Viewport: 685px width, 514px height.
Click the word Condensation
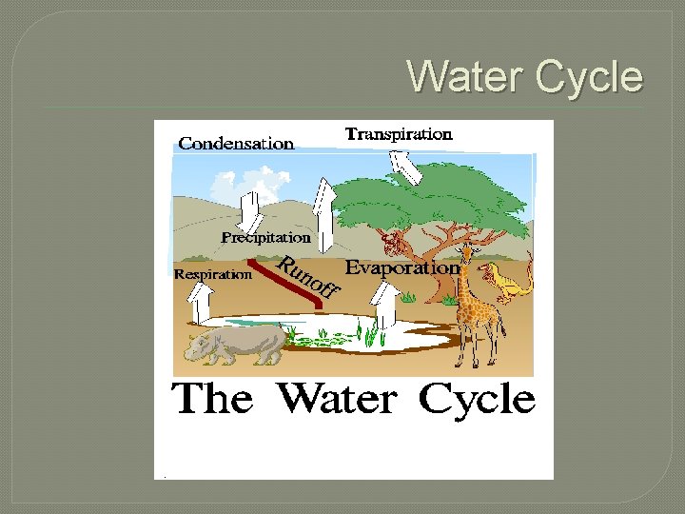tap(236, 144)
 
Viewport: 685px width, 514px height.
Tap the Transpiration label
tap(398, 134)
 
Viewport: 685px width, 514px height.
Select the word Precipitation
tap(265, 236)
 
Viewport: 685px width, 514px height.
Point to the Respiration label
tap(214, 274)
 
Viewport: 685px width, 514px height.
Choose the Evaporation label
tap(401, 268)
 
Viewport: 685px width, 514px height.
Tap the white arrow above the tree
tap(407, 168)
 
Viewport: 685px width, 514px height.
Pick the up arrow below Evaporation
tap(383, 309)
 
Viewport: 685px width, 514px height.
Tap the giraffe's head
tap(466, 252)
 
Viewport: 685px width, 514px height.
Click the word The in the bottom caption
tap(212, 398)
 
